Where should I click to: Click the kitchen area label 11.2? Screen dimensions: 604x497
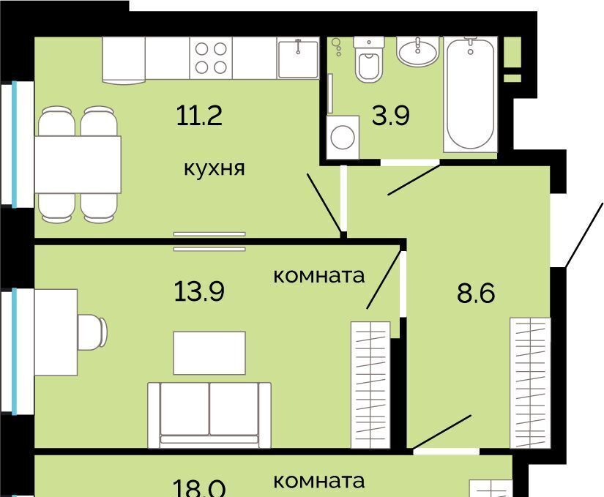(x=199, y=116)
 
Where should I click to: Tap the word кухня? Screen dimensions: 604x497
(x=215, y=168)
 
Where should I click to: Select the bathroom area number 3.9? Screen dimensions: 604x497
(x=391, y=116)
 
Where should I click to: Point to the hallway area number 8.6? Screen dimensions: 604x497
(x=476, y=294)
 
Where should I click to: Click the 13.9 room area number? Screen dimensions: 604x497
(x=199, y=291)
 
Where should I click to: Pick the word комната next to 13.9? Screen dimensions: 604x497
(x=319, y=276)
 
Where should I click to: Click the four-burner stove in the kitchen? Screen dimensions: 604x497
(x=211, y=58)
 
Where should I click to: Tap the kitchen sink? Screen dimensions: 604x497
(x=298, y=58)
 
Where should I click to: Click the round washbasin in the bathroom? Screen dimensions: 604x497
(x=418, y=51)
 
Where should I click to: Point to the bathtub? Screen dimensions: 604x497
(x=470, y=94)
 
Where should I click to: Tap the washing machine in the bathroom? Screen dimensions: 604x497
(x=343, y=137)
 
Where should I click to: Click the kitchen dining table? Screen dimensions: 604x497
(x=78, y=165)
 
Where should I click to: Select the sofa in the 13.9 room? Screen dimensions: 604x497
(x=209, y=415)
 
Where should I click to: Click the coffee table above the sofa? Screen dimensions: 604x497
(x=209, y=353)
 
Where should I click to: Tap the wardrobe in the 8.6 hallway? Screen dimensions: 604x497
(x=530, y=383)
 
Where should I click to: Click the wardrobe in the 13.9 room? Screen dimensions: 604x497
(x=370, y=385)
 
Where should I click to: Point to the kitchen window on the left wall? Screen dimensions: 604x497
(x=15, y=144)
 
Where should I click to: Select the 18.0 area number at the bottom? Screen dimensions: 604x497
(x=199, y=488)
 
